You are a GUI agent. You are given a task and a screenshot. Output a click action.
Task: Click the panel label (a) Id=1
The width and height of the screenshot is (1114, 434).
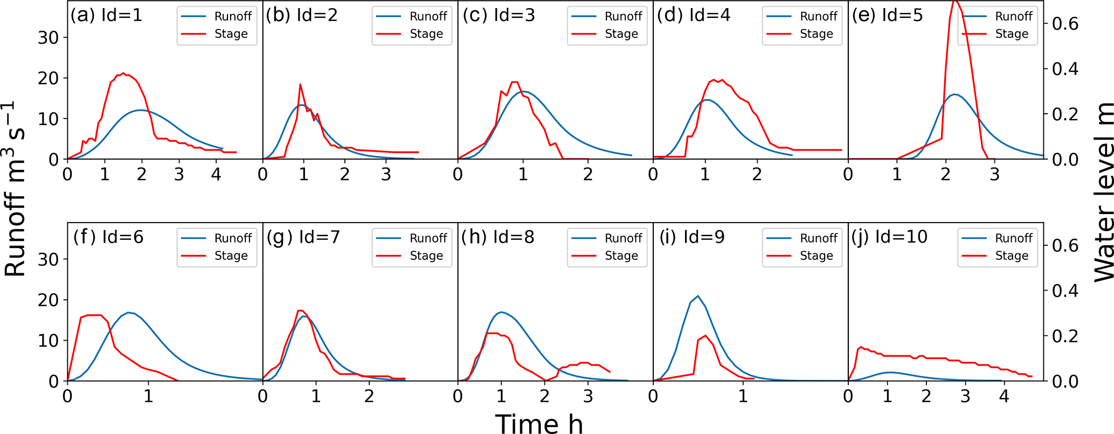106,16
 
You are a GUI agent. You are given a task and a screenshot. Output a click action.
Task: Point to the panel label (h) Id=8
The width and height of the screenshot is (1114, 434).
497,237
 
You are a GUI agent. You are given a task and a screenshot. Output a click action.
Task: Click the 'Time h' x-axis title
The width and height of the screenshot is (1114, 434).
539,424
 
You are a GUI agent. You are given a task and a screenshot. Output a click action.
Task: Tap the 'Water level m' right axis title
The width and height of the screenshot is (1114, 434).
1102,191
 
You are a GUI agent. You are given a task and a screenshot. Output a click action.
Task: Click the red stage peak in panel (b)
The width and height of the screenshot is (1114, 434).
300,84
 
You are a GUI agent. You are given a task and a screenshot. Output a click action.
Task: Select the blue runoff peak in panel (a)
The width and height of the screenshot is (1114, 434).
141,110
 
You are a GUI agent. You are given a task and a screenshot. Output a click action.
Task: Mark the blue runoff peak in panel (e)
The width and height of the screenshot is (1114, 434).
955,94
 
